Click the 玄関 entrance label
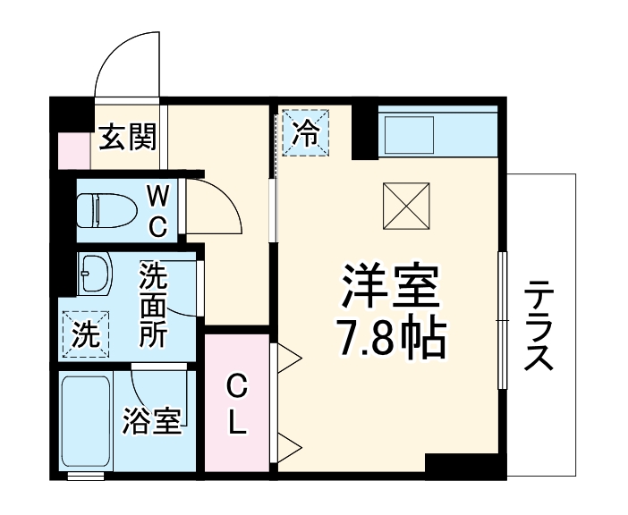(127, 137)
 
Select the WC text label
(157, 211)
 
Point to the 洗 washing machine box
(85, 334)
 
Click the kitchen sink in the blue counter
(408, 135)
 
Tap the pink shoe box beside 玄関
(74, 151)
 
